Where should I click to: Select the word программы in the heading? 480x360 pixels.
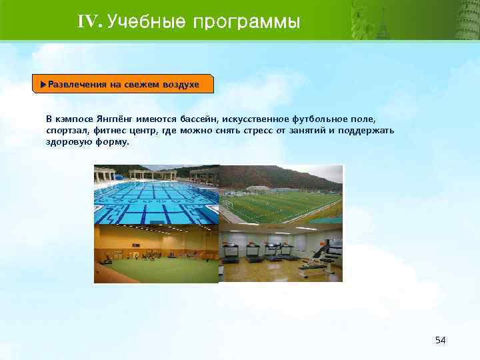point(247,22)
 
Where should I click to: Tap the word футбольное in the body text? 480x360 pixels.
point(311,118)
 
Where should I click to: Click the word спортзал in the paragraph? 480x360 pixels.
point(65,130)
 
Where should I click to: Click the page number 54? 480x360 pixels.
point(439,340)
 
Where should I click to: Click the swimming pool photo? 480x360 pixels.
point(156,194)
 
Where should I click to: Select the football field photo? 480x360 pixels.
point(281,194)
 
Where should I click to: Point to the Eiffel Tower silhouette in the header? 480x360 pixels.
point(383,23)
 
